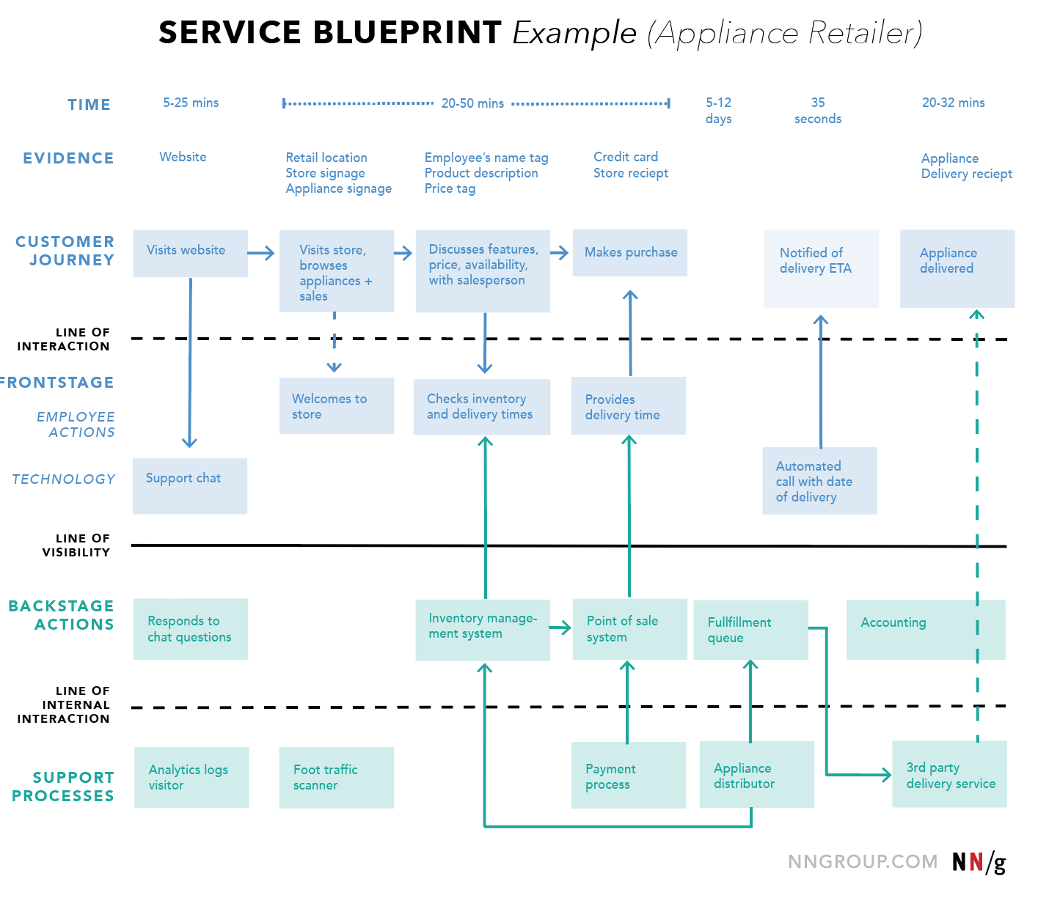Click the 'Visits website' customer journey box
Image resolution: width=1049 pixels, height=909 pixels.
[190, 253]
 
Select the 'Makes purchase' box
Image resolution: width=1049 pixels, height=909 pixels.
[629, 253]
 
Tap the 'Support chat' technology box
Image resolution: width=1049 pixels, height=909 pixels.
[189, 485]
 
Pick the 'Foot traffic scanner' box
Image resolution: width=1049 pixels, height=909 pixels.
[336, 777]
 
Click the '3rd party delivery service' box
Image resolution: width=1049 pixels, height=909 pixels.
[949, 774]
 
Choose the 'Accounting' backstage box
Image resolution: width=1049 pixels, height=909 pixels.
[925, 629]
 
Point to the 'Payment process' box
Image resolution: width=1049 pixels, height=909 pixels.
[628, 776]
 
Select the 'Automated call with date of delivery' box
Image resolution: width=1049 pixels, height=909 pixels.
[819, 481]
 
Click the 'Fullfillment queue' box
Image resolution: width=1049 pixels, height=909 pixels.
[750, 630]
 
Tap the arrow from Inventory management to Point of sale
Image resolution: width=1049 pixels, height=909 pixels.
[560, 628]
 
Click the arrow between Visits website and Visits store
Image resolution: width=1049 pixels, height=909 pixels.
[261, 254]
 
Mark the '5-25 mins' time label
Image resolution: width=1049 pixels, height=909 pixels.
[191, 103]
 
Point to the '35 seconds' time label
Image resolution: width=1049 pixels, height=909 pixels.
[818, 111]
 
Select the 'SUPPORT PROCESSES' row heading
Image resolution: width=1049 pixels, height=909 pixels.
[63, 787]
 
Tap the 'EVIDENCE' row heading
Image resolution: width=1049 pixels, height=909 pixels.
[68, 158]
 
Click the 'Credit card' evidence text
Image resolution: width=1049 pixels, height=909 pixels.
[626, 157]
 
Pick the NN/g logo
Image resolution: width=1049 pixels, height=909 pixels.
[979, 862]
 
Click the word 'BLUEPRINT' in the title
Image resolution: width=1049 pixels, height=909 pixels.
[407, 33]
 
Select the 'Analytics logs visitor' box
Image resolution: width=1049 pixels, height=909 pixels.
[191, 777]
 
